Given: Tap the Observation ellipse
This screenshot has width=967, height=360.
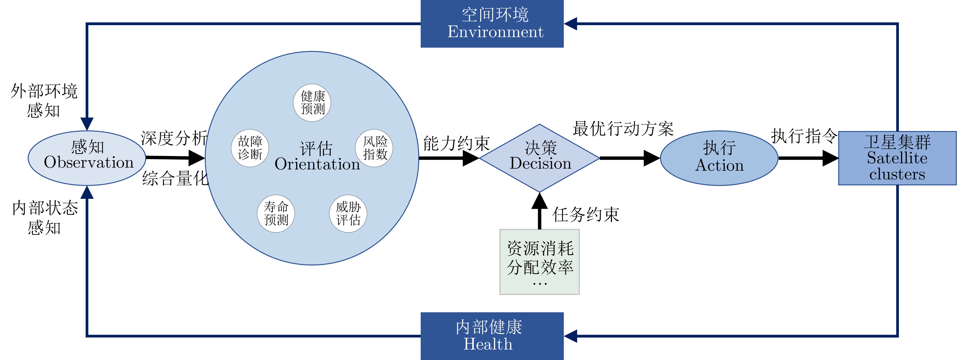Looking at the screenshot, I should point(87,158).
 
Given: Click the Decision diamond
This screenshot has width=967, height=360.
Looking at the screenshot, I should point(540,158).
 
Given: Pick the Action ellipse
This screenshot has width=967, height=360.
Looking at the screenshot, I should point(719,158).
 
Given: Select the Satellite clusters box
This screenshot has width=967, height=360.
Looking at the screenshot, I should point(897,158).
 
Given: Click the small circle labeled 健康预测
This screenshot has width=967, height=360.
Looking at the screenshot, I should point(312,103).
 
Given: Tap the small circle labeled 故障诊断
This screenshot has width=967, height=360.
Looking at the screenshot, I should point(250,148).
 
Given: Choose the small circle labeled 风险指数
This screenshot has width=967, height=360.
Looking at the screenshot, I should point(374,148).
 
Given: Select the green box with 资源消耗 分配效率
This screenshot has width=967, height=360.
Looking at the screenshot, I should point(540,262).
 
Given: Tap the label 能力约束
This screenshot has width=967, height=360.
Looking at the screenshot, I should point(456,143).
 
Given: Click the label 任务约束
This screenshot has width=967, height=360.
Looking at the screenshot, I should point(586,215).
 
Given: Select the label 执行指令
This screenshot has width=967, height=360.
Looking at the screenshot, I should point(804,136).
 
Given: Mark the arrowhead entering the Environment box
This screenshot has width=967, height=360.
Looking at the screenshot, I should point(570,24).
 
